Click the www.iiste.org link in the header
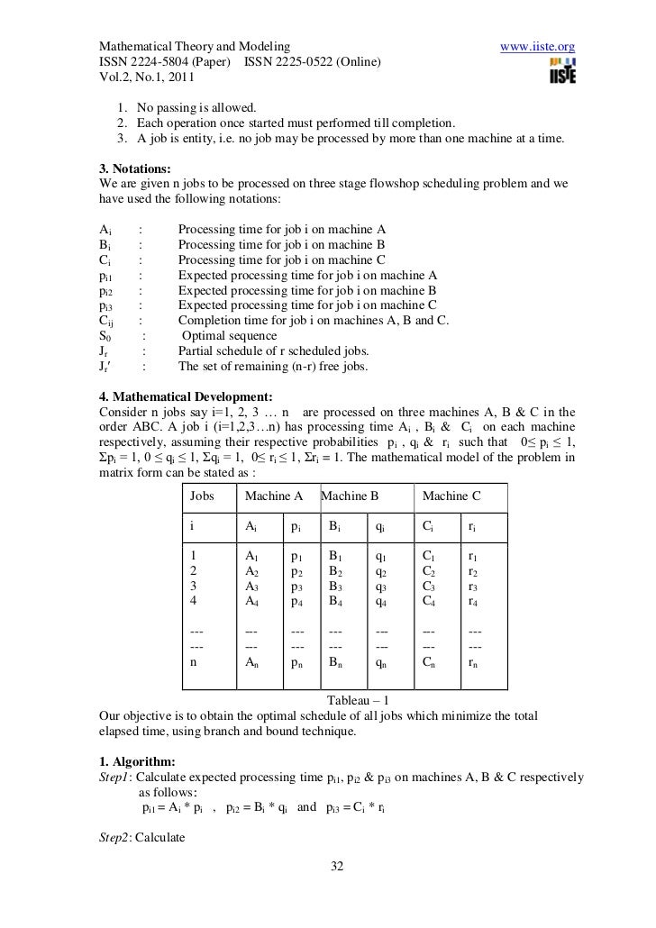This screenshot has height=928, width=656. pyautogui.click(x=537, y=46)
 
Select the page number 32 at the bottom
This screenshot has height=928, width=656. pyautogui.click(x=338, y=867)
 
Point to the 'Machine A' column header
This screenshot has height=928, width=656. pyautogui.click(x=274, y=496)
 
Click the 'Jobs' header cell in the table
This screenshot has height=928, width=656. pyautogui.click(x=203, y=496)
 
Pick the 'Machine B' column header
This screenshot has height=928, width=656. pyautogui.click(x=350, y=496)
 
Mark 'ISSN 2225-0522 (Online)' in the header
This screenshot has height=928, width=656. pyautogui.click(x=312, y=61)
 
